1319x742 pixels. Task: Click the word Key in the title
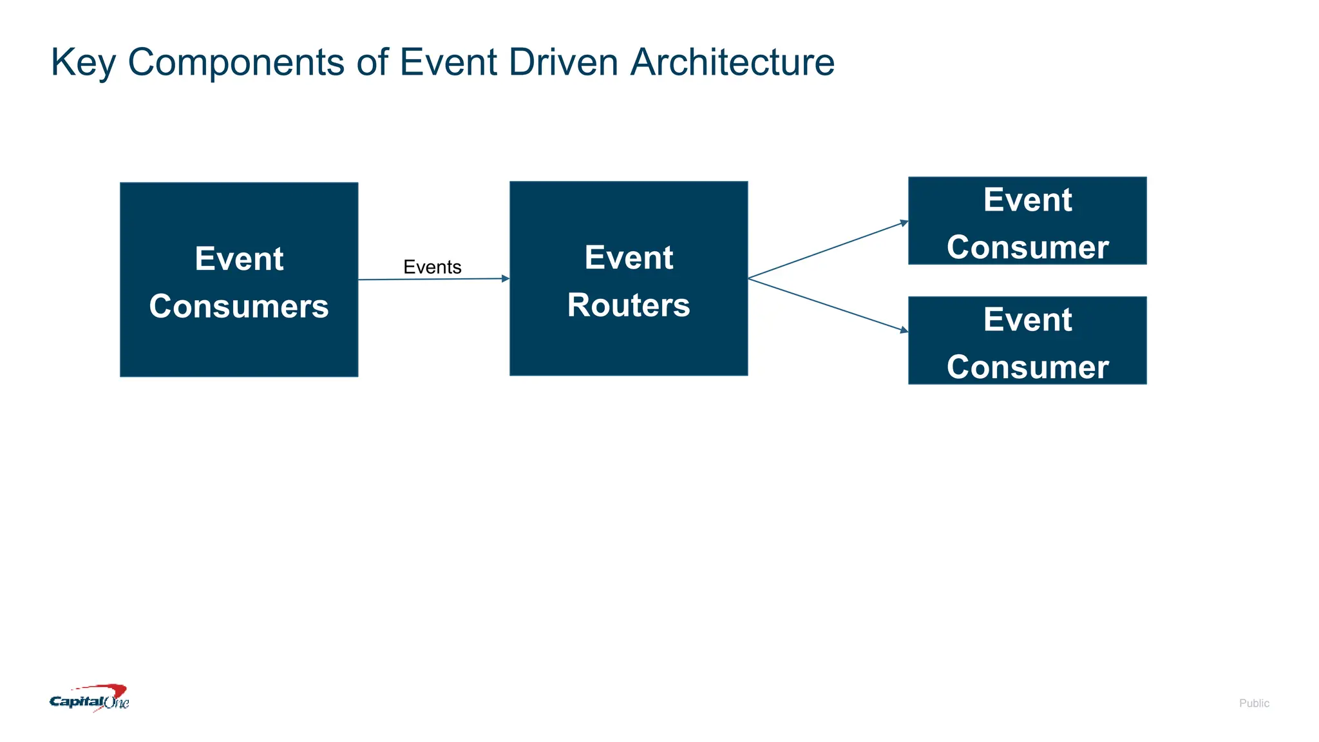(83, 63)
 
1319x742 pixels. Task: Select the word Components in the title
(236, 63)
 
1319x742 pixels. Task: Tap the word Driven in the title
(563, 62)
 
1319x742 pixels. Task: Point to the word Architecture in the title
(732, 62)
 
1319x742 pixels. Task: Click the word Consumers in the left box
(239, 307)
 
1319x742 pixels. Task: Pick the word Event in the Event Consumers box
(239, 259)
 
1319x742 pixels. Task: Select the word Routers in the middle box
(629, 305)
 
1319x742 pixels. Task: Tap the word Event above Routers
(629, 258)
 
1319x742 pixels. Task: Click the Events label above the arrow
(432, 267)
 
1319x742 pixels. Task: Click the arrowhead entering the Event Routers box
(506, 279)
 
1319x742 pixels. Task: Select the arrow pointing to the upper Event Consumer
(831, 249)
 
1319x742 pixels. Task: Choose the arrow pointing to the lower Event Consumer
(831, 306)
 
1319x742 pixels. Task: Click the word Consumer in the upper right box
(1027, 247)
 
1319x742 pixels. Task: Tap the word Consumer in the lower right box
(1027, 367)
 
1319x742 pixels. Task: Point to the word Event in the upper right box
(1027, 200)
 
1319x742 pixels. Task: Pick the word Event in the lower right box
(1027, 319)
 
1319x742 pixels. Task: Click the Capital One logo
(90, 699)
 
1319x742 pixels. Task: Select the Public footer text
(1253, 703)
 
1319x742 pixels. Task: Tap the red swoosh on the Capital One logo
(109, 691)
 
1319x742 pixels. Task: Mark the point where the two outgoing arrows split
(749, 278)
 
